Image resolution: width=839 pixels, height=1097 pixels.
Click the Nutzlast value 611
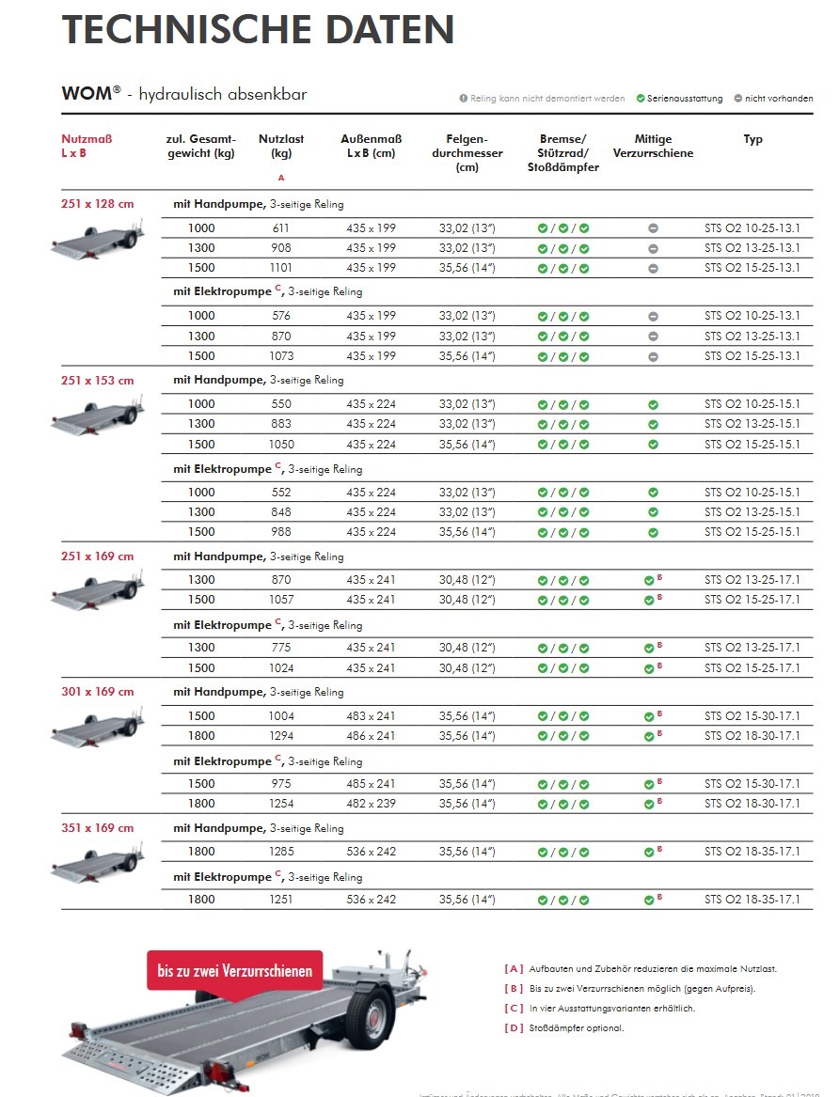coord(281,228)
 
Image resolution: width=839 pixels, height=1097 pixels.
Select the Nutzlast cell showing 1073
coord(281,356)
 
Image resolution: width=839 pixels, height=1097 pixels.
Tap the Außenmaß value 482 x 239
coord(371,804)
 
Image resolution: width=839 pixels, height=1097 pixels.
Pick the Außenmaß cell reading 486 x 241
coord(371,736)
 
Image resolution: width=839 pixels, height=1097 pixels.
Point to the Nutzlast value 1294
coord(281,736)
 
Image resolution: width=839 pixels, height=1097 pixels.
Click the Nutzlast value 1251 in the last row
coord(281,900)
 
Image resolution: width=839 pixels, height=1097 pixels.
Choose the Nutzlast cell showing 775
coord(281,648)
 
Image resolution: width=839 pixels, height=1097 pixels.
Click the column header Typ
coord(752,139)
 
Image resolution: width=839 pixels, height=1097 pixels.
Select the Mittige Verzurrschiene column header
coord(653,146)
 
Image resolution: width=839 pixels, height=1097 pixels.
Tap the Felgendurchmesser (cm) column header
coord(467,153)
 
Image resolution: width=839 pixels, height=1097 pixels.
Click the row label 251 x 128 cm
coord(98,203)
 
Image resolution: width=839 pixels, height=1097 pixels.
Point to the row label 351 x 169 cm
coord(98,828)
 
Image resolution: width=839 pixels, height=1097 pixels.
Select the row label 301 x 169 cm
coord(98,692)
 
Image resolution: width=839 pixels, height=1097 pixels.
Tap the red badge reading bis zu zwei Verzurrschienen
coord(234,971)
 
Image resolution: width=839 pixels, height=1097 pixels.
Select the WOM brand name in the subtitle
coord(87,95)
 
